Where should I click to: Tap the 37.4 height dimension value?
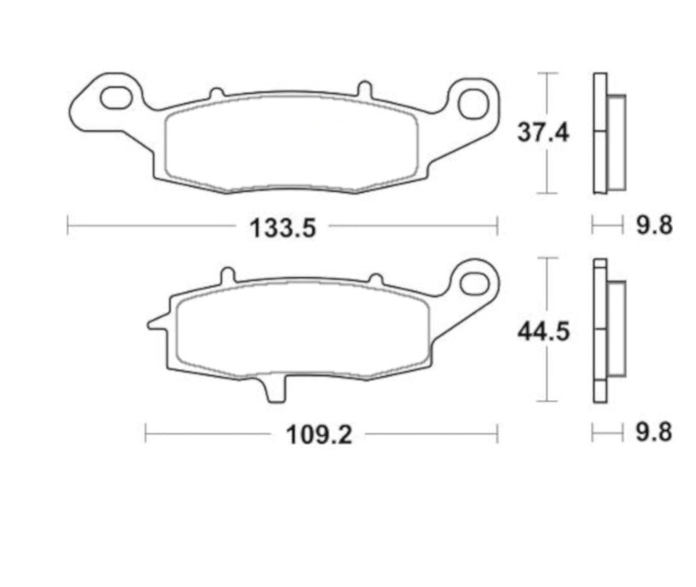[x=543, y=133]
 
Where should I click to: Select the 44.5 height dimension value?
[x=543, y=332]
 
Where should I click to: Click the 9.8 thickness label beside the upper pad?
[x=654, y=226]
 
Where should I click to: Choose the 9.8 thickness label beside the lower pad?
[x=654, y=433]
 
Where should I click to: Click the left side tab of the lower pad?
[x=157, y=323]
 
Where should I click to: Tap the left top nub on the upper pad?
[x=217, y=92]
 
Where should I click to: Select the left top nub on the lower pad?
[x=227, y=276]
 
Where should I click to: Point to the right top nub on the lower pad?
[x=374, y=279]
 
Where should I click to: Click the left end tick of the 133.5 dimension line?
[x=67, y=225]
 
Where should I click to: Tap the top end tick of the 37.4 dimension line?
[x=547, y=73]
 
